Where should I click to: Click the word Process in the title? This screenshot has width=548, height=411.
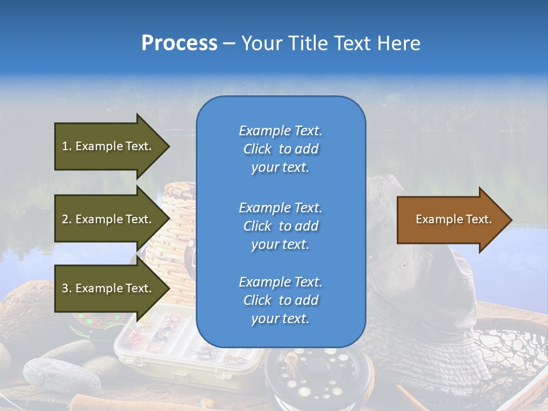click(x=179, y=43)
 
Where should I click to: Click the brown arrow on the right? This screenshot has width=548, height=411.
click(x=451, y=220)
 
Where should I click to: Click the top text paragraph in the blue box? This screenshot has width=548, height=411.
click(x=280, y=149)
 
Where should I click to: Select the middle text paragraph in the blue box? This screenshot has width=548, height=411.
click(x=280, y=226)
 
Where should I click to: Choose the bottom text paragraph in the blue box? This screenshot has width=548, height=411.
click(x=280, y=300)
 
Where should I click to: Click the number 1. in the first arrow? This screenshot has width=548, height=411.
click(x=67, y=146)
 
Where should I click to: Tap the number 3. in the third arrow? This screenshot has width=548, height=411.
click(x=67, y=288)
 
